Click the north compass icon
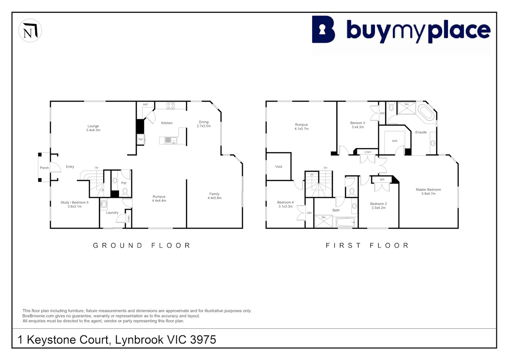point(30,30)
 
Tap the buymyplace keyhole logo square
point(323,29)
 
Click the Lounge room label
point(93,126)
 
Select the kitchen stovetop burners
point(171,105)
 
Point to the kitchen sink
point(171,140)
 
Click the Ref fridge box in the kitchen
point(141,139)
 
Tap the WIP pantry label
point(146,105)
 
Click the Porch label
point(44,168)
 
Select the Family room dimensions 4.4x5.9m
point(215,198)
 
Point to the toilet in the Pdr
point(125,192)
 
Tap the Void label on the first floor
point(278,167)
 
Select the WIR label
point(395,141)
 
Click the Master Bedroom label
point(428,189)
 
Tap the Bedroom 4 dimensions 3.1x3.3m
point(285,206)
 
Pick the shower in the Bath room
point(324,221)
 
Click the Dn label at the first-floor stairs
point(326,167)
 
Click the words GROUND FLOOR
point(142,245)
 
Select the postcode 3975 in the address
point(203,340)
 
